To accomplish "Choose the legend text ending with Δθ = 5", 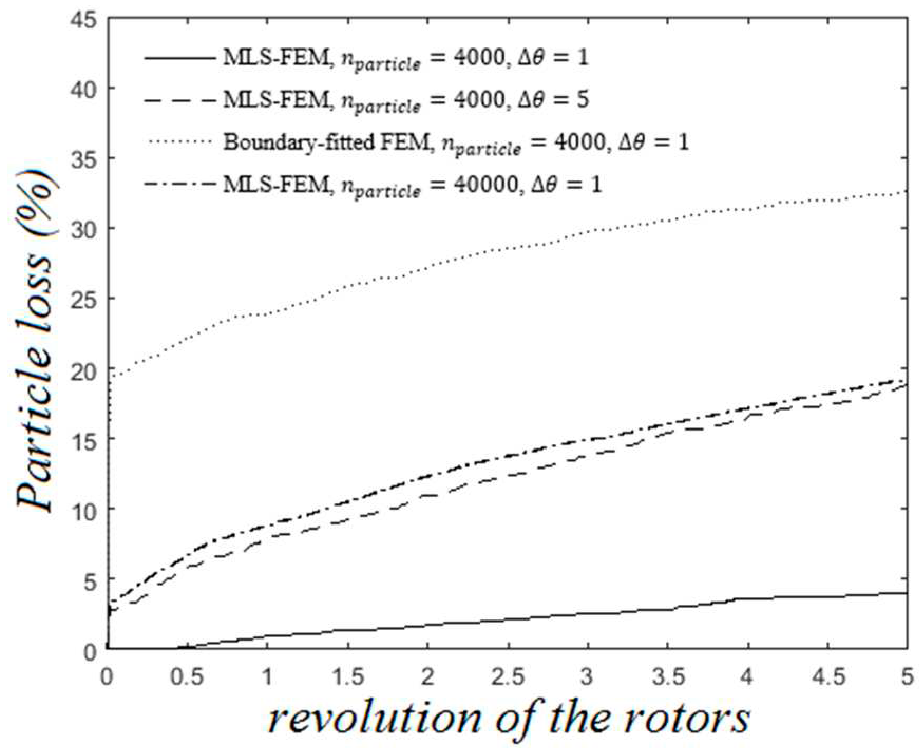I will (x=405, y=100).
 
